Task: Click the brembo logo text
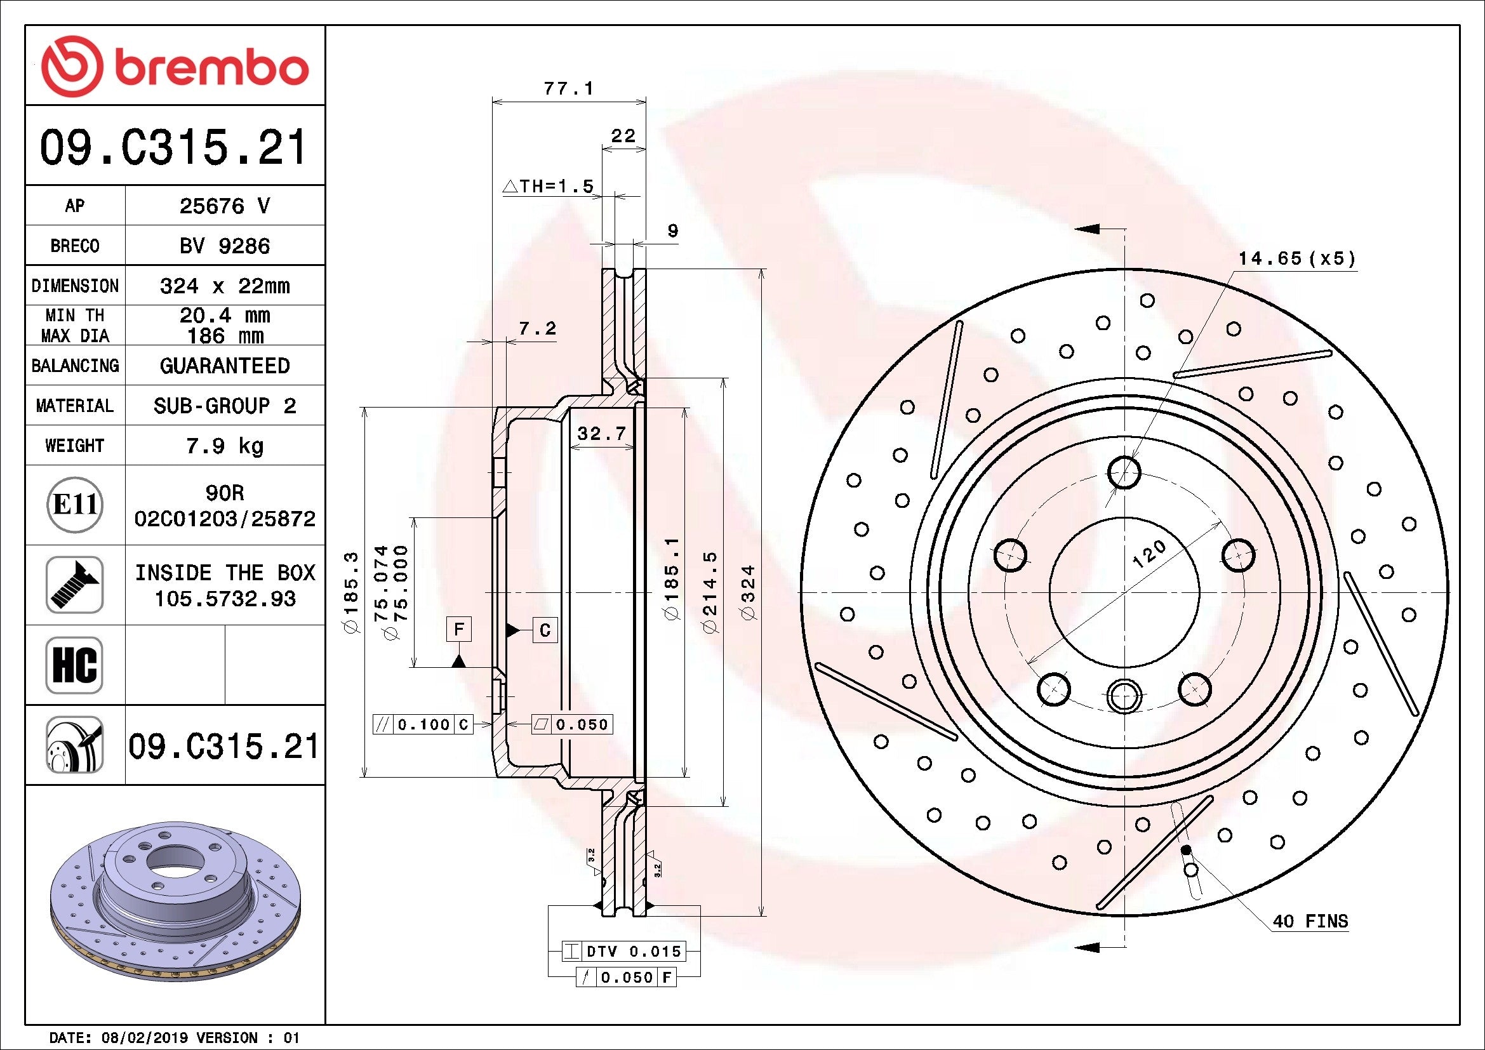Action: pyautogui.click(x=210, y=67)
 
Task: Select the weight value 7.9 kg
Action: pyautogui.click(x=224, y=446)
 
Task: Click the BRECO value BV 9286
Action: pyautogui.click(x=224, y=246)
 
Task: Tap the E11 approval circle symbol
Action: pyautogui.click(x=75, y=505)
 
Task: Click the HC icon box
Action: pyautogui.click(x=74, y=665)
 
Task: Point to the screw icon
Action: pyautogui.click(x=74, y=585)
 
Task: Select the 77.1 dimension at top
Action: pyautogui.click(x=568, y=89)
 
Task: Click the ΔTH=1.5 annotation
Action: pyautogui.click(x=549, y=187)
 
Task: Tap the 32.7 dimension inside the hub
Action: pyautogui.click(x=601, y=433)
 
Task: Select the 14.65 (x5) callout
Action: pyautogui.click(x=1296, y=258)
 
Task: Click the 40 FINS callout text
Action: pyautogui.click(x=1310, y=921)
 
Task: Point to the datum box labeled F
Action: pyautogui.click(x=458, y=629)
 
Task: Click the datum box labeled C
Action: pyautogui.click(x=545, y=630)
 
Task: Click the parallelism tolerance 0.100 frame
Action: pyautogui.click(x=423, y=724)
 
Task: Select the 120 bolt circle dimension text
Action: pyautogui.click(x=1149, y=555)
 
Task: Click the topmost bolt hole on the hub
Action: pyautogui.click(x=1124, y=473)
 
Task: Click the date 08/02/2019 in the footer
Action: pyautogui.click(x=145, y=1039)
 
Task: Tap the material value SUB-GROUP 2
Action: pyautogui.click(x=224, y=406)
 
